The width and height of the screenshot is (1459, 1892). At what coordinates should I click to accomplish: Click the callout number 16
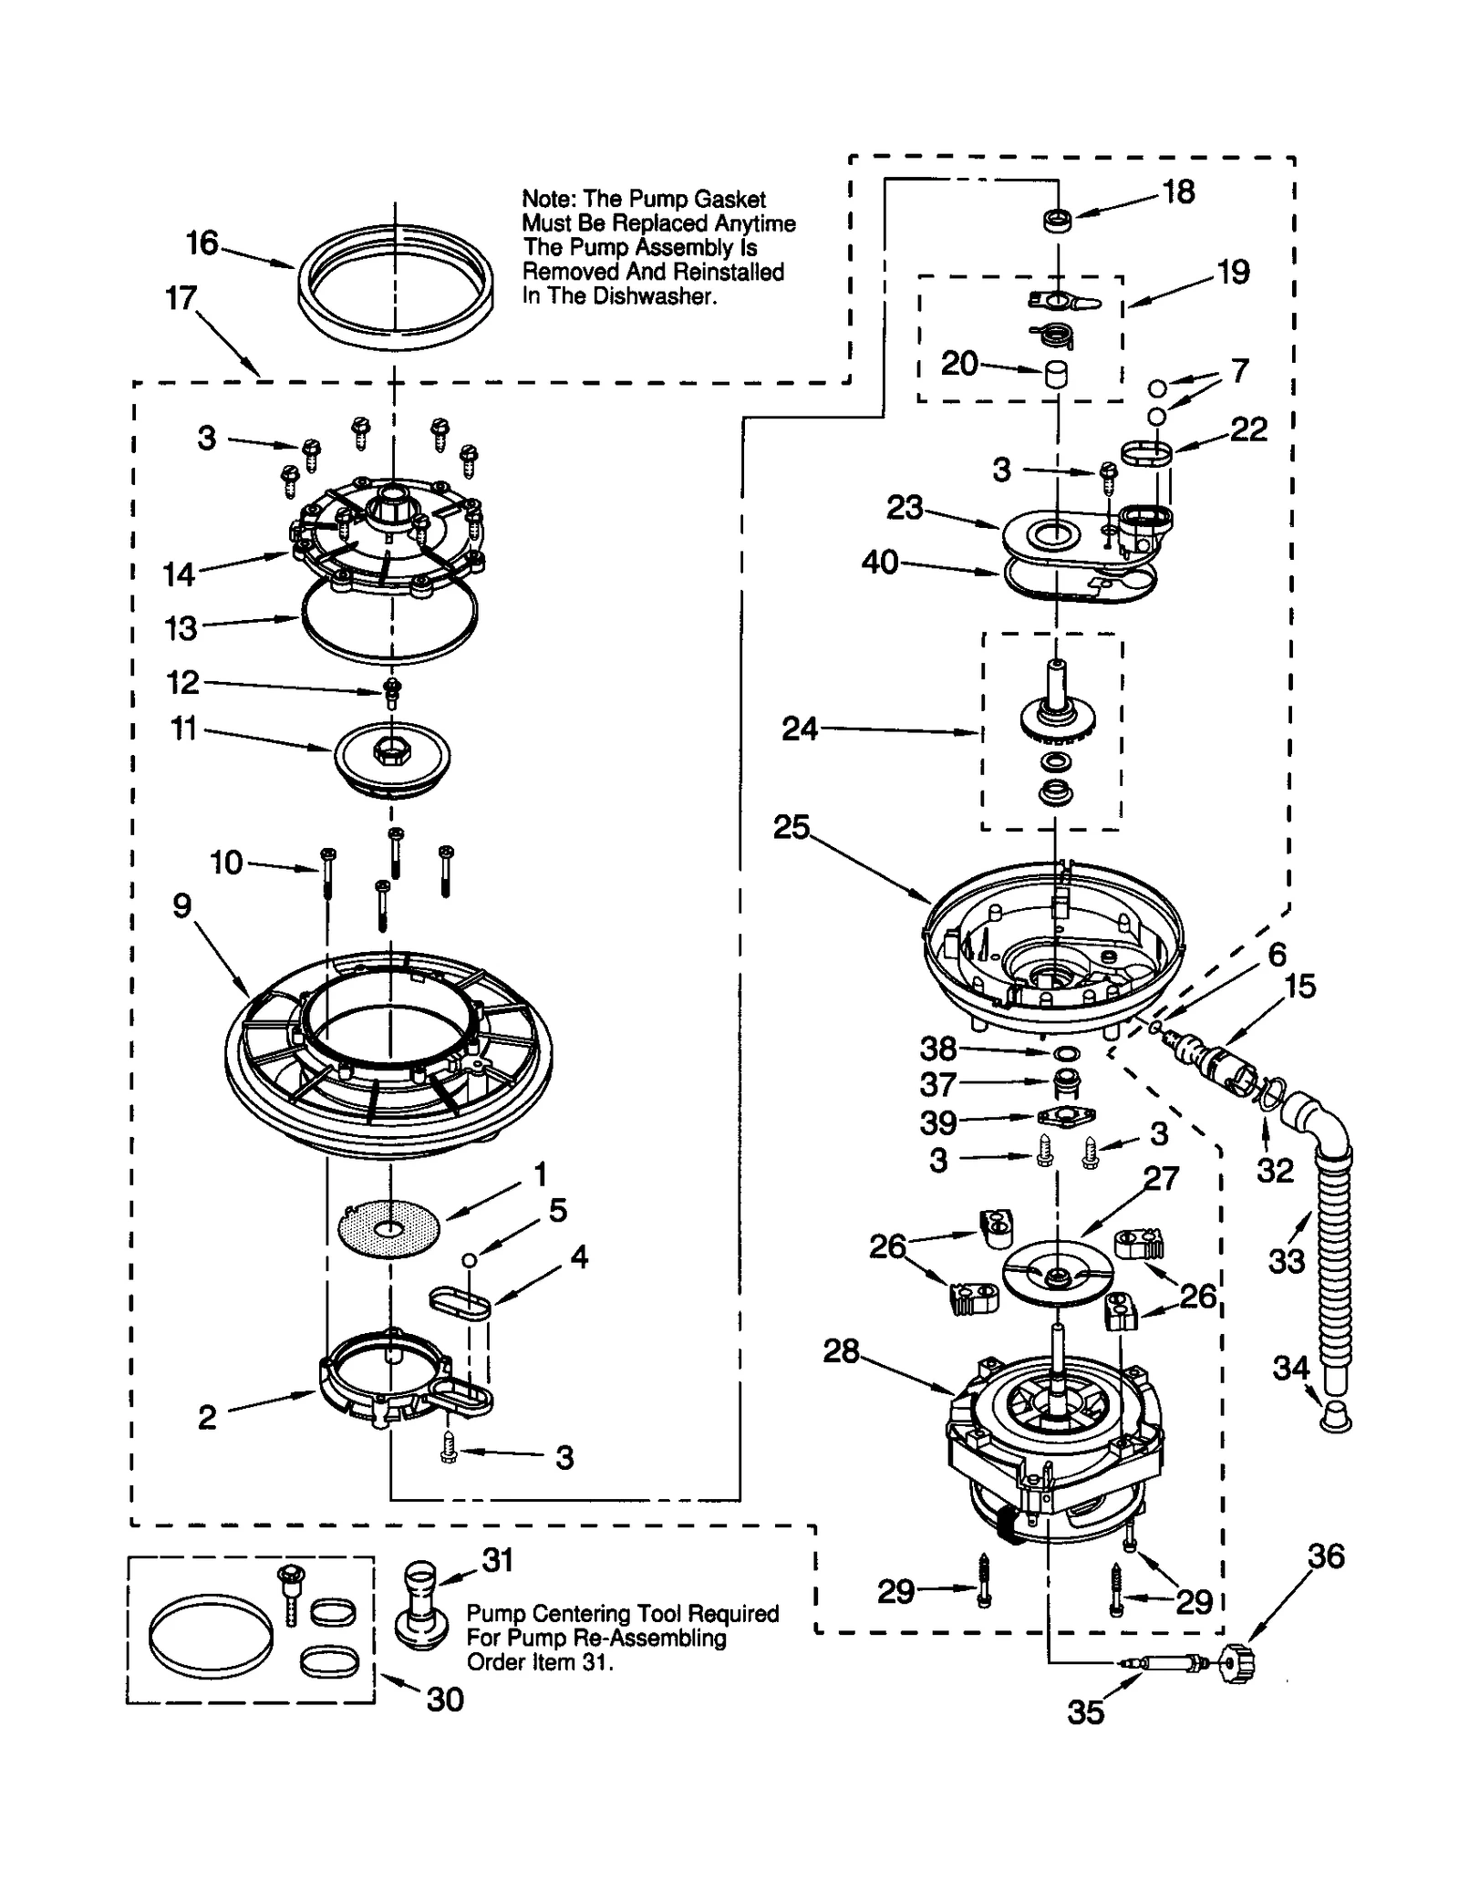point(202,243)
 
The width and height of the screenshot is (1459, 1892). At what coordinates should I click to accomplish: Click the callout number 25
point(792,827)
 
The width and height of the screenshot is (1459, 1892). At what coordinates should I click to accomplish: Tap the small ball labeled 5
point(469,1259)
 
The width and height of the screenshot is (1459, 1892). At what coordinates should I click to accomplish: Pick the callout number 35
point(1086,1712)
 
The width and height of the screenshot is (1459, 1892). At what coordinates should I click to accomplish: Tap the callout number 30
point(445,1700)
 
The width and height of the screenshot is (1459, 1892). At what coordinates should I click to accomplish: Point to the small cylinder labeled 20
point(1056,375)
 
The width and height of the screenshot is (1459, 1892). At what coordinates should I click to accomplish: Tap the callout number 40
point(880,563)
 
